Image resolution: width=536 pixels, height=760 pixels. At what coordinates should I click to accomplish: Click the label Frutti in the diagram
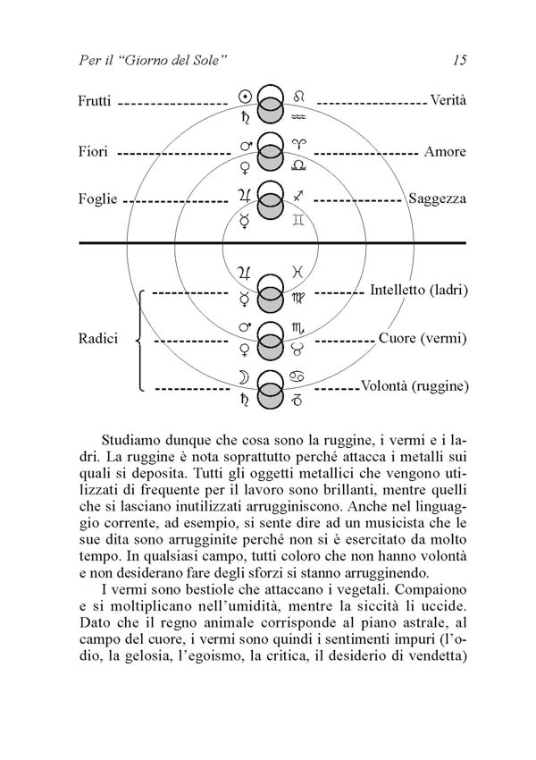pyautogui.click(x=95, y=102)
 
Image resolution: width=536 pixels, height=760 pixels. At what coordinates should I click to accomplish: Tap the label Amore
pyautogui.click(x=445, y=152)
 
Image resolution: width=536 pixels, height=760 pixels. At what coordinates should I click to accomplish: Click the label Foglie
pyautogui.click(x=97, y=199)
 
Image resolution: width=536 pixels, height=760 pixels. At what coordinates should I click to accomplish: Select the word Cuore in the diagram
pyautogui.click(x=398, y=340)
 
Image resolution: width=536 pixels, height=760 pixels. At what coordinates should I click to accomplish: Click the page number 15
pyautogui.click(x=460, y=61)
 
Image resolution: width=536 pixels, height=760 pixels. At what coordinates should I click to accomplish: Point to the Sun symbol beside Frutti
pyautogui.click(x=245, y=95)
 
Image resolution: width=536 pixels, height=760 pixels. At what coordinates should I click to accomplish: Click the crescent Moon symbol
pyautogui.click(x=244, y=378)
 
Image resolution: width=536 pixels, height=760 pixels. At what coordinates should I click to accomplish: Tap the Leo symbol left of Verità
pyautogui.click(x=299, y=95)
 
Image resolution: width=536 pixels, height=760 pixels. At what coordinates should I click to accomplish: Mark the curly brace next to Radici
pyautogui.click(x=141, y=340)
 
